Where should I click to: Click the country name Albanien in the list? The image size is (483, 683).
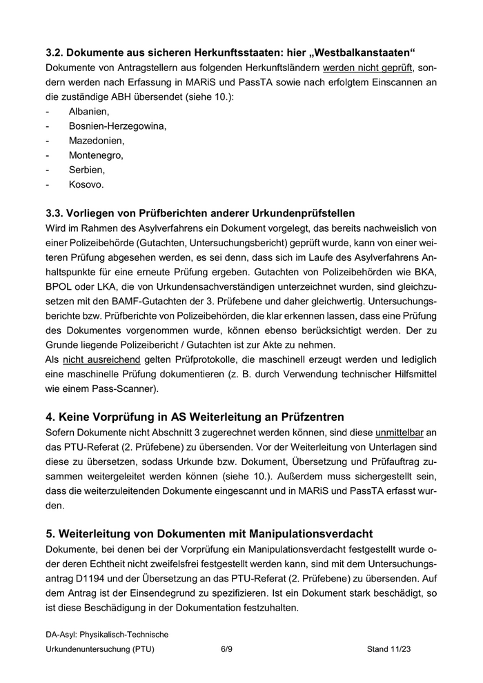coord(89,111)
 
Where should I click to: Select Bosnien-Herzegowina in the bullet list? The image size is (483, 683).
coord(117,126)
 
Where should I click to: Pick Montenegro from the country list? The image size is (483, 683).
coord(96,155)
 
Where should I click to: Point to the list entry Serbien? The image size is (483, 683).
coord(87,170)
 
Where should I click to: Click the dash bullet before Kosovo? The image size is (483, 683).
coord(48,185)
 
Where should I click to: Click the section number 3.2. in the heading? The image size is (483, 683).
coord(55,53)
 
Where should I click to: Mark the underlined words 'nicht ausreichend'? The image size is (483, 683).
coord(101,359)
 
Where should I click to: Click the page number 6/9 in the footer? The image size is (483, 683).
coord(226,649)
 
